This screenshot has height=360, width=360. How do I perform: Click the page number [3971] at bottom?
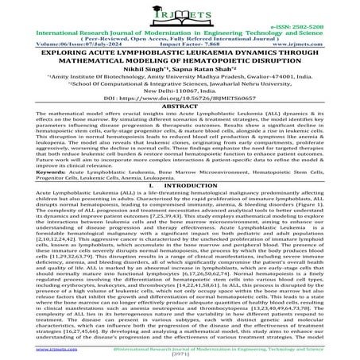coord(180,354)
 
